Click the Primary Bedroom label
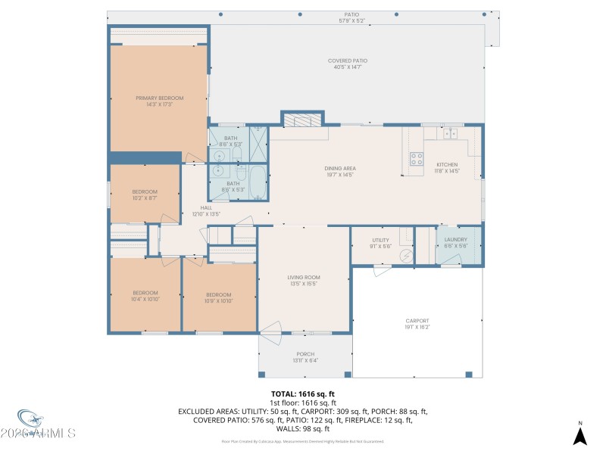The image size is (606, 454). tap(159, 101)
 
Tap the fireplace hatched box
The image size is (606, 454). tap(303, 120)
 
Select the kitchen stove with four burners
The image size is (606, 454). tap(416, 159)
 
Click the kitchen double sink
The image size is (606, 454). tap(451, 134)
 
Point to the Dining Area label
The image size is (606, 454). tap(339, 171)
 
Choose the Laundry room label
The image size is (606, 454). tap(455, 243)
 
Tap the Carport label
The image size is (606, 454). tap(417, 323)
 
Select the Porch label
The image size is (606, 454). tap(305, 356)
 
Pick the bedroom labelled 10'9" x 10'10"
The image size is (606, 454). tap(219, 297)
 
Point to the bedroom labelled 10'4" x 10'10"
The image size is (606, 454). tap(145, 296)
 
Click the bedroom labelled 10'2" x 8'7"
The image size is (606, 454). tap(145, 194)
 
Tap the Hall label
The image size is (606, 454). tap(206, 210)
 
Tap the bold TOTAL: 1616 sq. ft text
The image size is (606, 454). tap(303, 394)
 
